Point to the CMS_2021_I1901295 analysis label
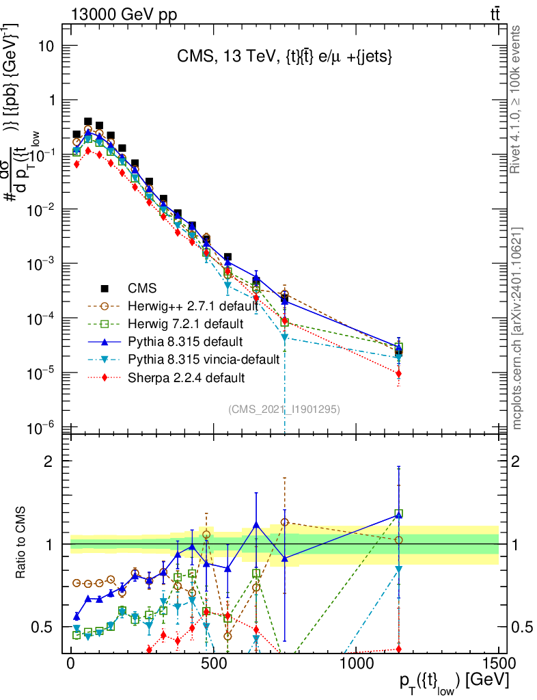(284, 409)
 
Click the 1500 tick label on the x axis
(498, 663)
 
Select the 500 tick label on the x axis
(213, 663)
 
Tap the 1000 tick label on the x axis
(355, 663)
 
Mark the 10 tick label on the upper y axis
(46, 46)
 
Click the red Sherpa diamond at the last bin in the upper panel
(398, 374)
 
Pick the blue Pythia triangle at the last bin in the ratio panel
(398, 514)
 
